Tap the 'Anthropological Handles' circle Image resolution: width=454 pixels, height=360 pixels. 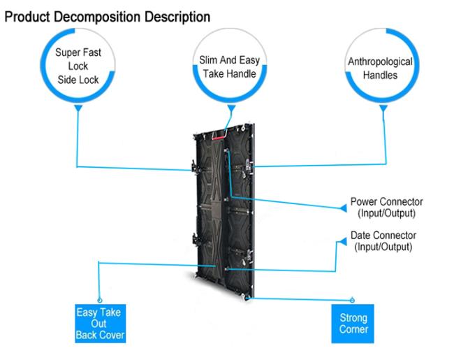pos(380,67)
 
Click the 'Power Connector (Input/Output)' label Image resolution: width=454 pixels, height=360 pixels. pos(386,207)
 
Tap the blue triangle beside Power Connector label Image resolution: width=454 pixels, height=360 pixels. pos(342,208)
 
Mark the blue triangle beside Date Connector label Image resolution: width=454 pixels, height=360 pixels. pos(342,241)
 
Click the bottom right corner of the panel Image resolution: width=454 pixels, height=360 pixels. pos(249,298)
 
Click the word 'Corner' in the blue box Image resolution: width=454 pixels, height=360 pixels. pos(353,329)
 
